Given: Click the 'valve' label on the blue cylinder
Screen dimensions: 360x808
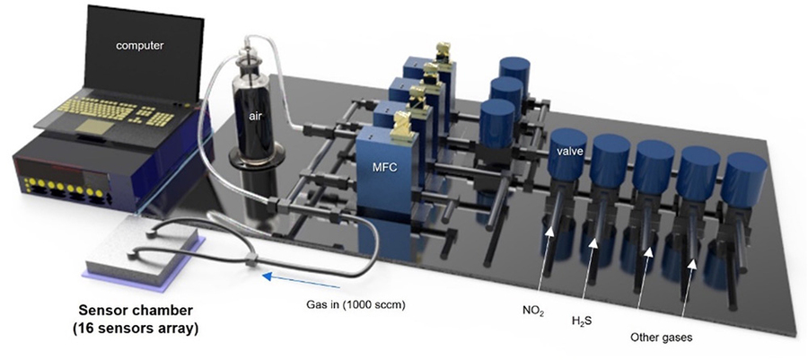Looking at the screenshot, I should (567, 153).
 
